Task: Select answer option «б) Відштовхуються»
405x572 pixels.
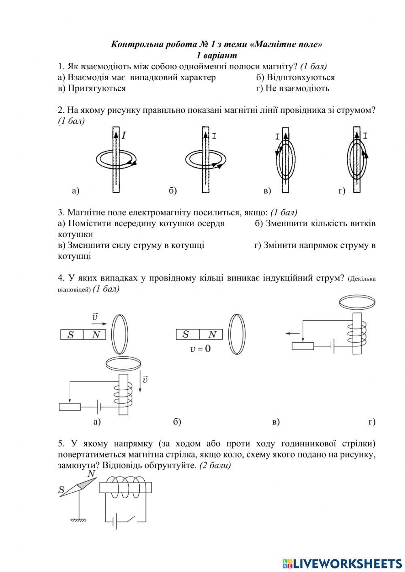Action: click(295, 77)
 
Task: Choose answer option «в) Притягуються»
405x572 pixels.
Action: click(92, 88)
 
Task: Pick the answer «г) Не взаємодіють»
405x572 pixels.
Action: click(292, 88)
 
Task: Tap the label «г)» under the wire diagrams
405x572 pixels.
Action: click(342, 191)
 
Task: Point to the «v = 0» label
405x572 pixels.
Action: click(200, 348)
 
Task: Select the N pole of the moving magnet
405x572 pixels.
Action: click(96, 334)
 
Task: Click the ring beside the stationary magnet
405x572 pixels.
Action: click(237, 334)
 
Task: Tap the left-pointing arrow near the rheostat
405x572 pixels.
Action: click(292, 333)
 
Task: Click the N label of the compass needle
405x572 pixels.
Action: click(91, 474)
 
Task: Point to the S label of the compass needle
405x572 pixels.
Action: click(62, 491)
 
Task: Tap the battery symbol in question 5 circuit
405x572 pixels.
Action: click(115, 522)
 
